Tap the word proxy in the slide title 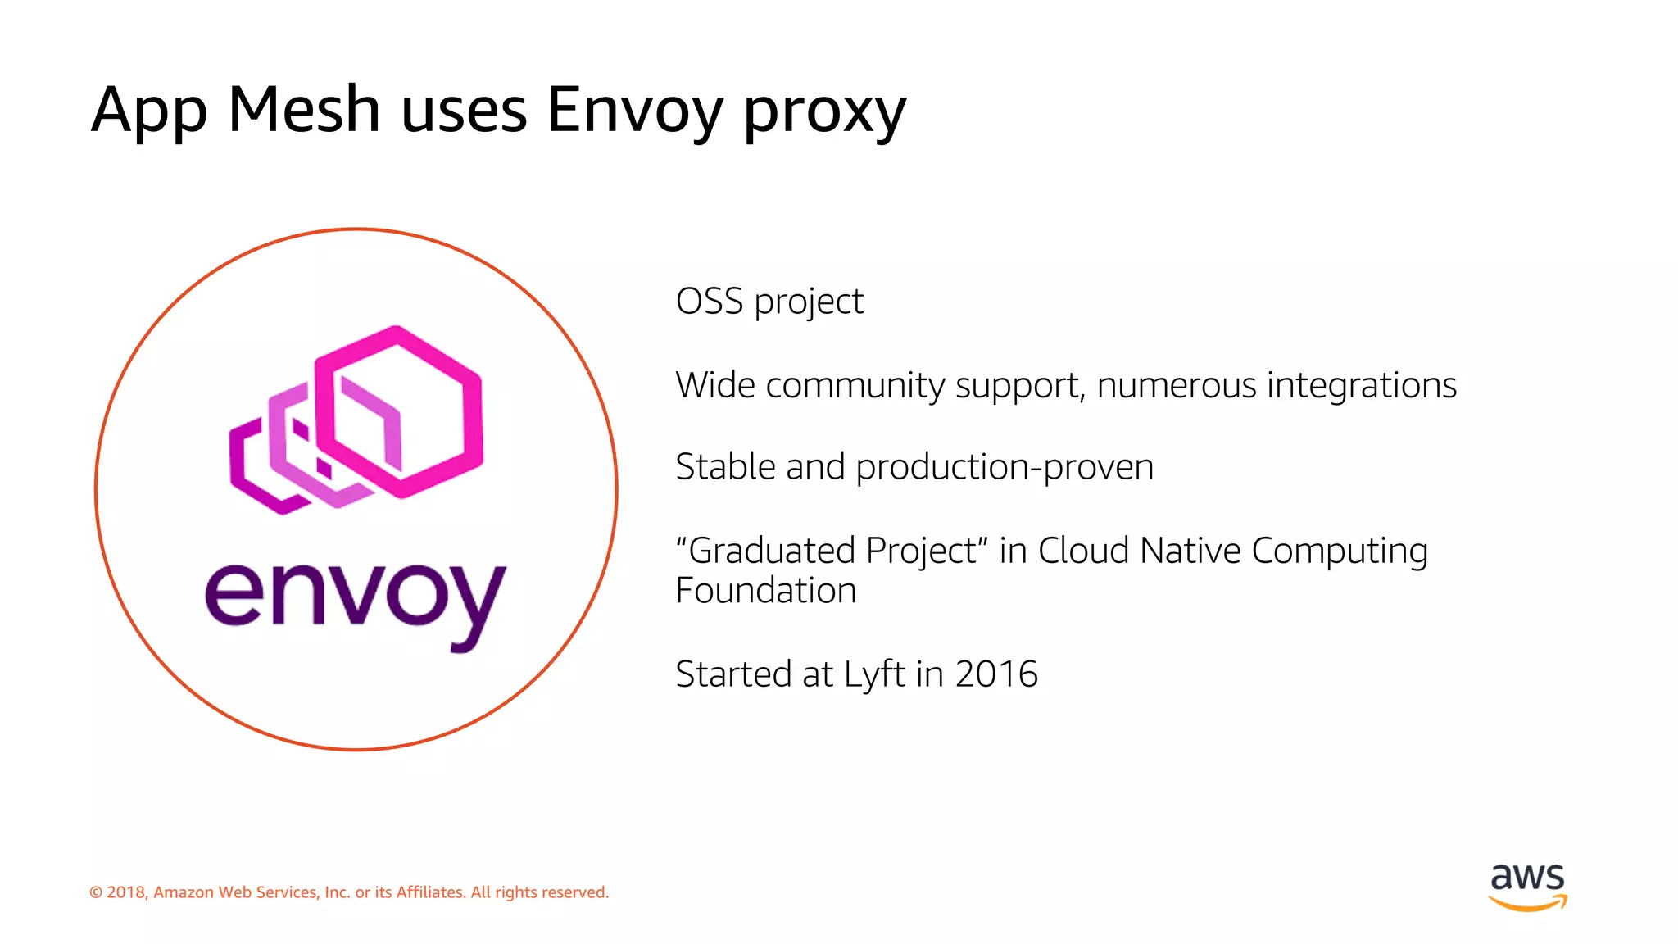(x=824, y=112)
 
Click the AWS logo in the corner (x=1527, y=886)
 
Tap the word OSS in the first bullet (x=709, y=302)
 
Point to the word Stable (x=725, y=467)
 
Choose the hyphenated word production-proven (x=1005, y=468)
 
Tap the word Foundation (x=765, y=591)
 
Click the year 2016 (x=996, y=674)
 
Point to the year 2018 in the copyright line (x=125, y=892)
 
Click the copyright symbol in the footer (x=96, y=892)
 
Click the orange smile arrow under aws (x=1527, y=904)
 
